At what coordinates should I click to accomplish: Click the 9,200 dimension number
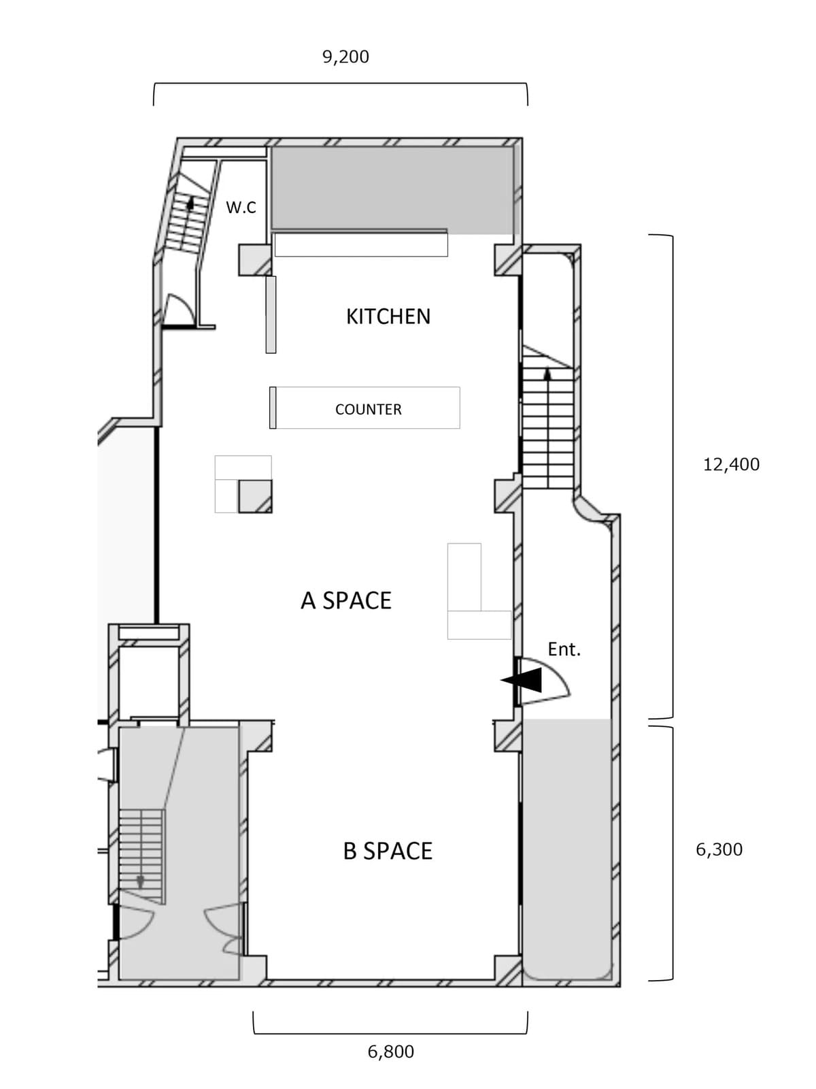click(x=346, y=57)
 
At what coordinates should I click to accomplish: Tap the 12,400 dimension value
click(x=731, y=464)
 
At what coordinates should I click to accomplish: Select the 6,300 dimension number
click(x=719, y=849)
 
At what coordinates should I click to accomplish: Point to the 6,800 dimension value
click(x=390, y=1052)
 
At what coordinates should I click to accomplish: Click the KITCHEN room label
click(x=388, y=316)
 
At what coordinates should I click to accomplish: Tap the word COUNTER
click(x=368, y=409)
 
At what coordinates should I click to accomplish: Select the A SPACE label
click(x=346, y=600)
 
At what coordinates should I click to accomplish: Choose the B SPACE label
click(x=388, y=851)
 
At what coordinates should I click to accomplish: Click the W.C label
click(x=241, y=208)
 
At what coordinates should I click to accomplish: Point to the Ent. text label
click(x=564, y=649)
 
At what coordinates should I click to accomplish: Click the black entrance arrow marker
click(x=521, y=680)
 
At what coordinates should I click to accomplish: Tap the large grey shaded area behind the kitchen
click(x=392, y=190)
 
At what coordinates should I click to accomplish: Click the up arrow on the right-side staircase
click(x=547, y=374)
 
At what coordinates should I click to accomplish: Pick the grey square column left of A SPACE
click(x=255, y=496)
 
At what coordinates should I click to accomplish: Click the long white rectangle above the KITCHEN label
click(x=361, y=244)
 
